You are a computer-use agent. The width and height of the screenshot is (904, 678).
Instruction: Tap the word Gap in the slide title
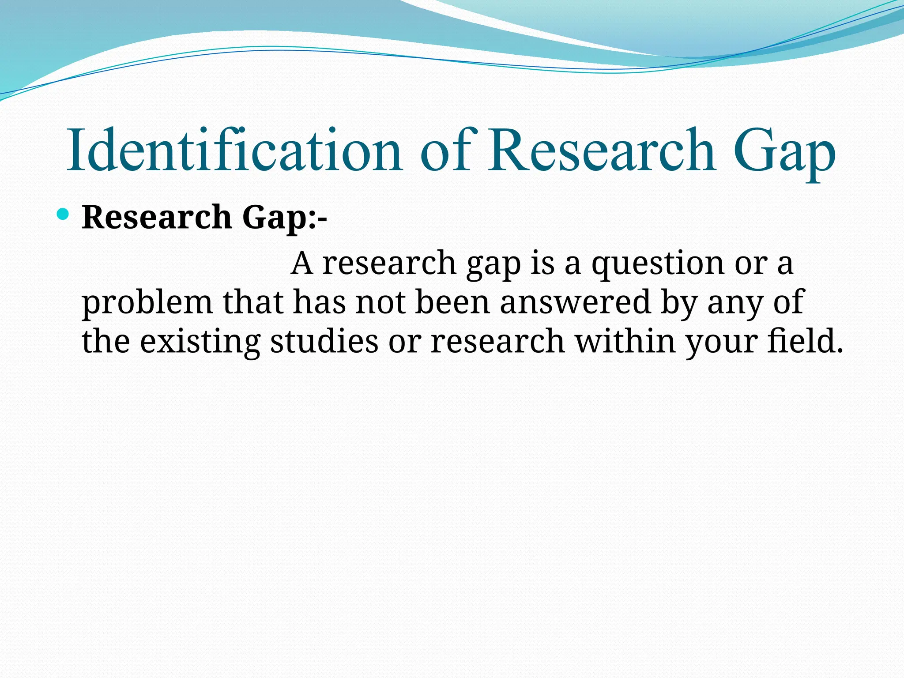[784, 152]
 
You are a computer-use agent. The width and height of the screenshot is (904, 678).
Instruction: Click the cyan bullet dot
[63, 215]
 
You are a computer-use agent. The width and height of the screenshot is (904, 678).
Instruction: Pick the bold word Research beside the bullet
[157, 217]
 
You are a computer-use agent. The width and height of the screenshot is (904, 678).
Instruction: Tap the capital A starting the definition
[302, 264]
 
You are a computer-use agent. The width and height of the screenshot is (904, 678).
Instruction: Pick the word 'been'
[453, 302]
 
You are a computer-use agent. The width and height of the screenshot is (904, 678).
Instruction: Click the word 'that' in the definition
[253, 302]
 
